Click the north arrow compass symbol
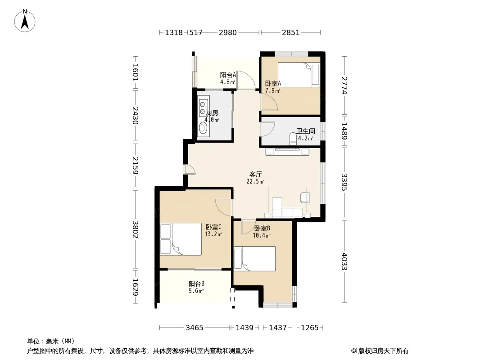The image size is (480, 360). (x=25, y=20)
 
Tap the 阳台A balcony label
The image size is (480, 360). (x=228, y=75)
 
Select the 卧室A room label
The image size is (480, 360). (x=273, y=83)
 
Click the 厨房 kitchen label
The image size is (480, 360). (x=212, y=113)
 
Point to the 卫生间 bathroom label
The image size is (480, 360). (x=305, y=131)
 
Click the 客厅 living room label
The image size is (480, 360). (x=255, y=174)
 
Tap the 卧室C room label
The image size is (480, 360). (x=213, y=227)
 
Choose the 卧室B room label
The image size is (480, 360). (x=262, y=229)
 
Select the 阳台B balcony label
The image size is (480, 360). (x=196, y=284)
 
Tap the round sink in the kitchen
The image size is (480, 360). (x=203, y=128)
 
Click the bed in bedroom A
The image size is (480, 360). (x=299, y=75)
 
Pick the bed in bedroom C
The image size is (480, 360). (x=181, y=239)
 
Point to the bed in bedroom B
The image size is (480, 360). (x=254, y=259)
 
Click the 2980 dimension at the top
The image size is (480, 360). (x=228, y=32)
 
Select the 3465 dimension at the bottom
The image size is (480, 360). (x=195, y=328)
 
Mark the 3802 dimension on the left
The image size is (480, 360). (x=135, y=229)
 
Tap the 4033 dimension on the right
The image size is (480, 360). (x=344, y=261)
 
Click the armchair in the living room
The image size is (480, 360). (x=305, y=198)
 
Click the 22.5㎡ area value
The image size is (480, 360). (x=255, y=181)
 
